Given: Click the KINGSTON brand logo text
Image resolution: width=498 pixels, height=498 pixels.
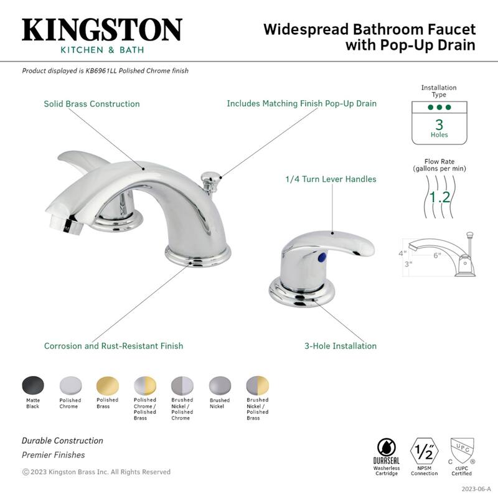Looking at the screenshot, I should (102, 30).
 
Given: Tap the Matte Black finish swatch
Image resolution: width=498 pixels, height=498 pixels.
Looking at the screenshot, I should (33, 385).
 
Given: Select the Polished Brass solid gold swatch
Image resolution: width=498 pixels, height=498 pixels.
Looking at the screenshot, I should (106, 385).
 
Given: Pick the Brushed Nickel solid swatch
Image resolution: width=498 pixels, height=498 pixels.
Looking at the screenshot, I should (219, 385).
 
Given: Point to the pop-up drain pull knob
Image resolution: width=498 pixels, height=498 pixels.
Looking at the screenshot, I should (209, 178).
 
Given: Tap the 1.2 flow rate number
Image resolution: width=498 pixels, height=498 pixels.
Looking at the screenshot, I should (441, 198).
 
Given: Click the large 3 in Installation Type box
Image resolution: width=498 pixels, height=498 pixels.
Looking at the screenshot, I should (439, 123).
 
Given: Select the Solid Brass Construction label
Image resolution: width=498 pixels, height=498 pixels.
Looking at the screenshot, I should (92, 104).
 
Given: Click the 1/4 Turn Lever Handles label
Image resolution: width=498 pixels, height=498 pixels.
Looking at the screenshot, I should (331, 179).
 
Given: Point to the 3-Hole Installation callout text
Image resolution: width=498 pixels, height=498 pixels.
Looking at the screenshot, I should (340, 346).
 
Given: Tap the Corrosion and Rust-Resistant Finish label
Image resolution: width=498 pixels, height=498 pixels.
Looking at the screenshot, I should (113, 346).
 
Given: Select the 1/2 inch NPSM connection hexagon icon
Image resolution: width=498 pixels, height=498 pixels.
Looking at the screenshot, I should (423, 449).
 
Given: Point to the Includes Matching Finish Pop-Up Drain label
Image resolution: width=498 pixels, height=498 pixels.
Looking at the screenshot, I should (301, 104).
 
